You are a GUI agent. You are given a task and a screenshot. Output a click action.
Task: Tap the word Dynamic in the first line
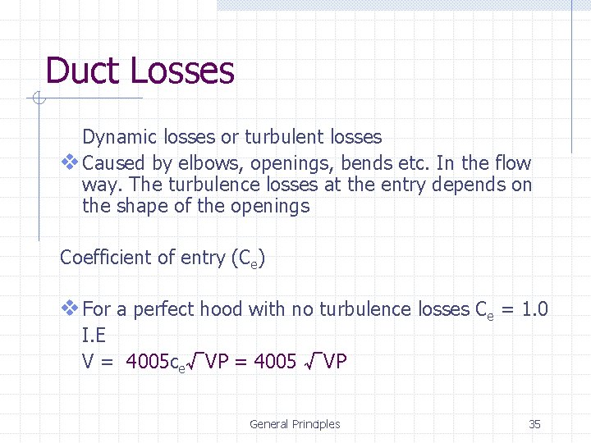pyautogui.click(x=116, y=137)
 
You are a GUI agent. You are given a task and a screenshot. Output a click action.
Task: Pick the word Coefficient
pyautogui.click(x=104, y=258)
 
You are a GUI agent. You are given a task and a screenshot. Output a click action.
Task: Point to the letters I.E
pyautogui.click(x=94, y=335)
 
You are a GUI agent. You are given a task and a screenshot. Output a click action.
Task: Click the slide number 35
pyautogui.click(x=534, y=424)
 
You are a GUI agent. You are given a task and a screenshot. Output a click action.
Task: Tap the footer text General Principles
pyautogui.click(x=295, y=424)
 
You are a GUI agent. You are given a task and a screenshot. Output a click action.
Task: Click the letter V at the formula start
pyautogui.click(x=88, y=360)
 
